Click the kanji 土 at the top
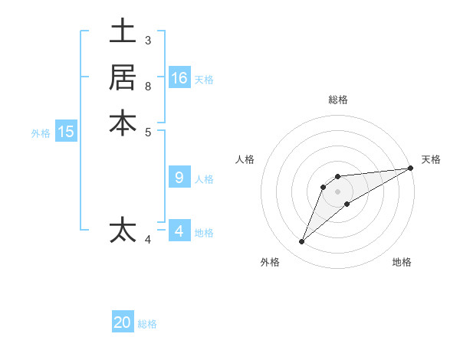[x=123, y=32]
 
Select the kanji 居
[x=123, y=77]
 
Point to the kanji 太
[x=123, y=230]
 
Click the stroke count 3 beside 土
[x=147, y=40]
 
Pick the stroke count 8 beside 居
[x=147, y=86]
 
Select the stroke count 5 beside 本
[x=147, y=131]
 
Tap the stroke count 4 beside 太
[x=148, y=240]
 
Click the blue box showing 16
[x=179, y=78]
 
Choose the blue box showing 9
[x=179, y=178]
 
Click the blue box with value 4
[x=179, y=231]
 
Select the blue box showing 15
[x=66, y=132]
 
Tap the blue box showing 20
[x=123, y=322]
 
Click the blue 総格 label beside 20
[x=147, y=324]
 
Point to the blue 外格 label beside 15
[x=41, y=133]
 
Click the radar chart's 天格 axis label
[x=431, y=159]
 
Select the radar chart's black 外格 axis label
[x=270, y=262]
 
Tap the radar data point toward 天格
[x=410, y=169]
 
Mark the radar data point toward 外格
[x=302, y=242]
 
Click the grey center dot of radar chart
[x=337, y=191]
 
